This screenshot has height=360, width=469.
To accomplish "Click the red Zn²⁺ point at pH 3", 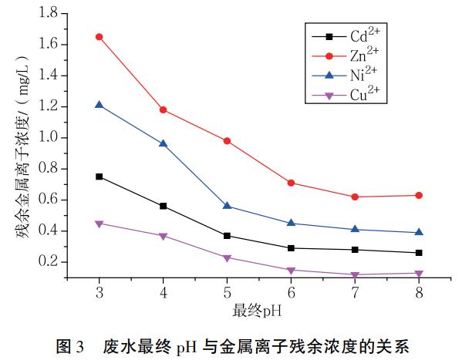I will click(x=99, y=36).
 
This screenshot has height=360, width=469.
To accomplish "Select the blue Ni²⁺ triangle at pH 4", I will click(x=163, y=143).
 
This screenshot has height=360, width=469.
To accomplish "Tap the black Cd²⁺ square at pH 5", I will click(x=227, y=235).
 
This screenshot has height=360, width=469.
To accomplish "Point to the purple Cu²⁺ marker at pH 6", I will click(x=291, y=270).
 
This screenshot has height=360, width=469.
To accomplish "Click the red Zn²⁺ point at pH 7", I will click(x=355, y=197).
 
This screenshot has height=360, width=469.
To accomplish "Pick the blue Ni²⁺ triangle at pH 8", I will click(x=419, y=232).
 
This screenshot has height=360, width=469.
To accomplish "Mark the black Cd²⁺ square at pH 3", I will click(x=99, y=177).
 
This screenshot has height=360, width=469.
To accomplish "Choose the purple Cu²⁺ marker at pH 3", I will click(x=99, y=224).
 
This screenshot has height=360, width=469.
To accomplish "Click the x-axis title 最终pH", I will click(x=258, y=312).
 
